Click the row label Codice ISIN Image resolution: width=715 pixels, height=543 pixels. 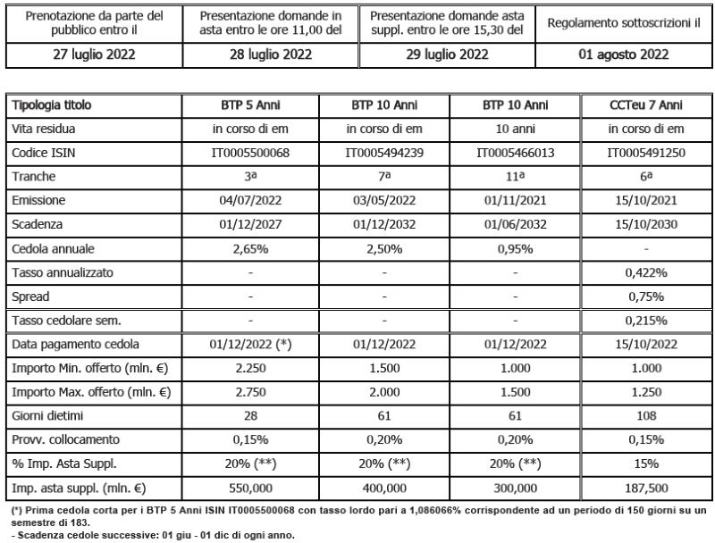click(x=45, y=152)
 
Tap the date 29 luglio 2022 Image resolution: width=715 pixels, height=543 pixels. click(x=447, y=53)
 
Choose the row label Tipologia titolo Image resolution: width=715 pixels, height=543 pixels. click(x=52, y=105)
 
